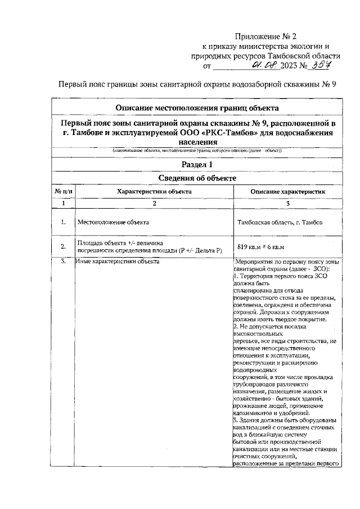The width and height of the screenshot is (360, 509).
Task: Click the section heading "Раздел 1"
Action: (x=197, y=164)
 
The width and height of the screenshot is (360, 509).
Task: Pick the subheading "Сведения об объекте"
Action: (x=197, y=178)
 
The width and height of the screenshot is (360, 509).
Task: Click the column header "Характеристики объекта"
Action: (x=154, y=191)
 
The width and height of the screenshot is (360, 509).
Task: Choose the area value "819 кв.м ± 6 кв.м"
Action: (x=261, y=246)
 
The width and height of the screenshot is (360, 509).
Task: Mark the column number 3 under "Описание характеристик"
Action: (x=287, y=203)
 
